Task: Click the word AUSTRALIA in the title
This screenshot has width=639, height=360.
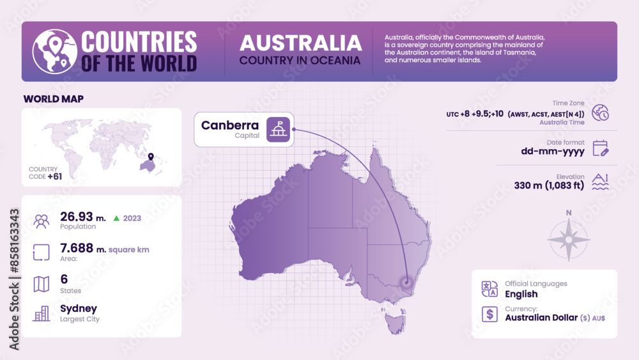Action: point(300,43)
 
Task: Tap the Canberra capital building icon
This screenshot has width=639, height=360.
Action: point(278,129)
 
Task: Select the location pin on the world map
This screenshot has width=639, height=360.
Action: point(151,157)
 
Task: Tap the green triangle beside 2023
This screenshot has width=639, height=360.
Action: point(116,218)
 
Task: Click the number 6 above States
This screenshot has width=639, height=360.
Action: point(64,279)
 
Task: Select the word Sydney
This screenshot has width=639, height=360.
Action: point(78,309)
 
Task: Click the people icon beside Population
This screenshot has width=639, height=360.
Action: point(42,221)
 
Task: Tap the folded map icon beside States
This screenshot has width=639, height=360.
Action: point(42,284)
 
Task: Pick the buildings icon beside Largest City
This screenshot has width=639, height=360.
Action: point(42,313)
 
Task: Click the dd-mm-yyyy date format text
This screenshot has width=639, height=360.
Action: point(553,152)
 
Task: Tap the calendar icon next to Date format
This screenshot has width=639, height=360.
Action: point(600,148)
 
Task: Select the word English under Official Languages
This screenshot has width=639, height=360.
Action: point(521,294)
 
